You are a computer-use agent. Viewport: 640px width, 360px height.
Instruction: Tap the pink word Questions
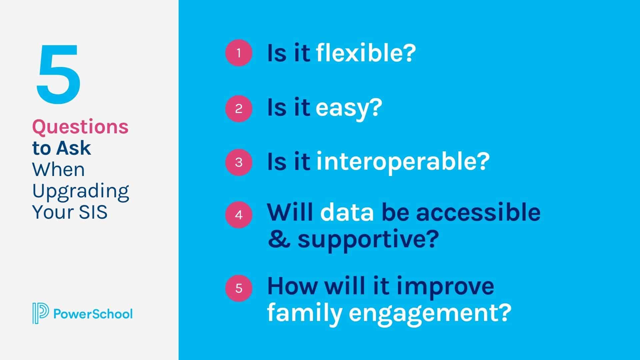point(80,127)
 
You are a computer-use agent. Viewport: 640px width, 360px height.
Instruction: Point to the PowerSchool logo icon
point(40,313)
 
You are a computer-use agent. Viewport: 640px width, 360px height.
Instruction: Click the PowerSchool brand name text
point(93,314)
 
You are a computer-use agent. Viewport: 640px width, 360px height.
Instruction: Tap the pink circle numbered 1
point(239,53)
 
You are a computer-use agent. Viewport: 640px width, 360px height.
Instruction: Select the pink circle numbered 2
point(239,109)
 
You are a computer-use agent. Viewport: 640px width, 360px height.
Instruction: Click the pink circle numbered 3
point(239,162)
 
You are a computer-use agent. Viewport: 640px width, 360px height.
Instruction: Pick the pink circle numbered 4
point(239,215)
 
